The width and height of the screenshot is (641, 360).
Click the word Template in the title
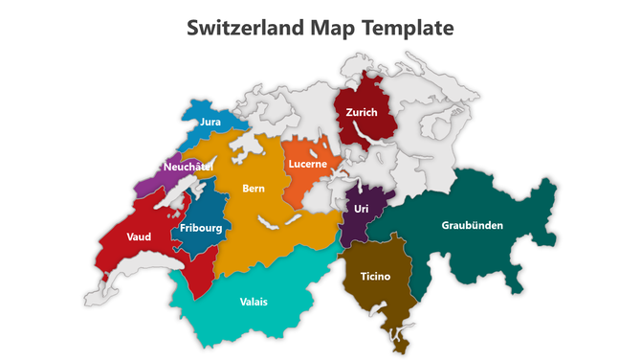point(408,28)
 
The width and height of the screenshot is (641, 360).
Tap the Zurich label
point(362,112)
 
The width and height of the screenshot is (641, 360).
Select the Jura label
point(210,123)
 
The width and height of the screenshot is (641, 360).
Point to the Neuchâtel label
point(188,167)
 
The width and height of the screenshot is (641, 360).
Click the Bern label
point(254,189)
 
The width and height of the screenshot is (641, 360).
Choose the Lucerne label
point(308,164)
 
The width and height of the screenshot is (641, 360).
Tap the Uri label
point(361,209)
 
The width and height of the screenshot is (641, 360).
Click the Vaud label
point(139,236)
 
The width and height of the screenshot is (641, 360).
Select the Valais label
point(254,302)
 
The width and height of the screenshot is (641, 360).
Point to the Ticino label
point(375,277)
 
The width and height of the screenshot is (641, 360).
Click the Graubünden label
point(472,226)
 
